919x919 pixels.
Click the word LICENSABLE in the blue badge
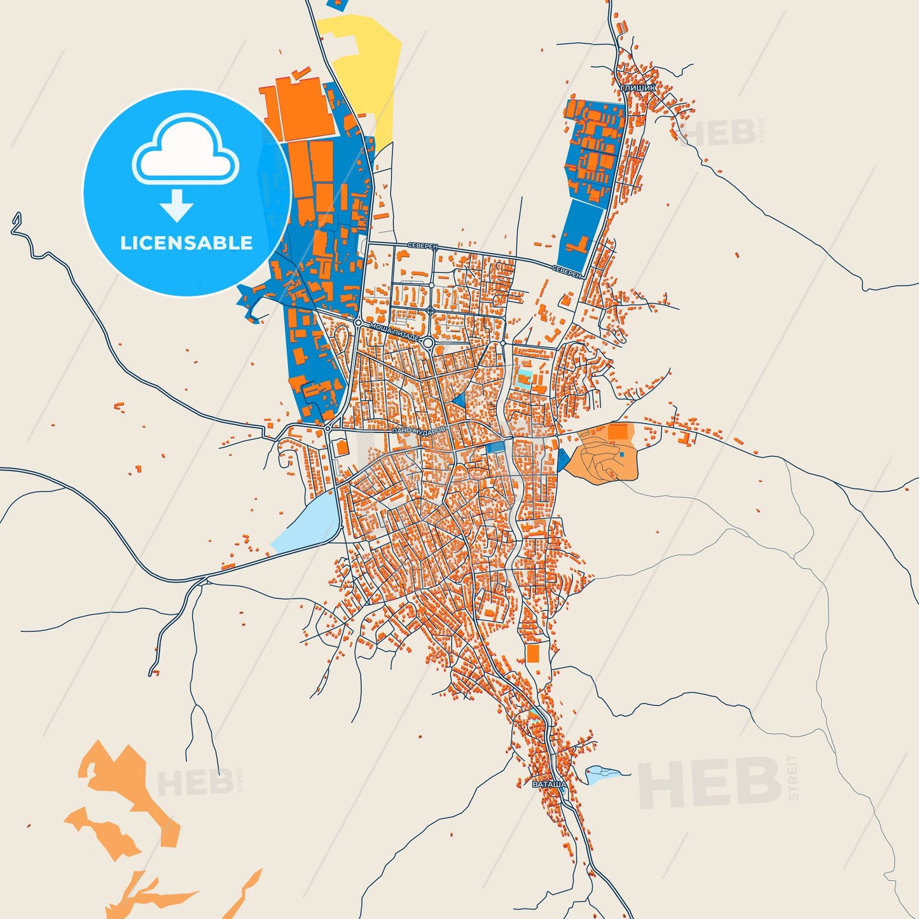(x=186, y=243)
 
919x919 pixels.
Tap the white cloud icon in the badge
(x=185, y=153)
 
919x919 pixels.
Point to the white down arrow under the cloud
(x=177, y=205)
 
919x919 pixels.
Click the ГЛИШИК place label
(x=637, y=88)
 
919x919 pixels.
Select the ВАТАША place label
(x=549, y=784)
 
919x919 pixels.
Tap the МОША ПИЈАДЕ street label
(x=395, y=331)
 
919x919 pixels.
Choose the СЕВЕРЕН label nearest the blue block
(x=566, y=272)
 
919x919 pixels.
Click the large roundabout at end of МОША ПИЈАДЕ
(x=429, y=343)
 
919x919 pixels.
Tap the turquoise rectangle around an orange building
(x=525, y=380)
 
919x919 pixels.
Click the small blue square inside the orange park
(x=621, y=454)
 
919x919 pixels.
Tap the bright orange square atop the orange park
(x=617, y=432)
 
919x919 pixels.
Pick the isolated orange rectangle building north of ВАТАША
(x=532, y=653)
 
